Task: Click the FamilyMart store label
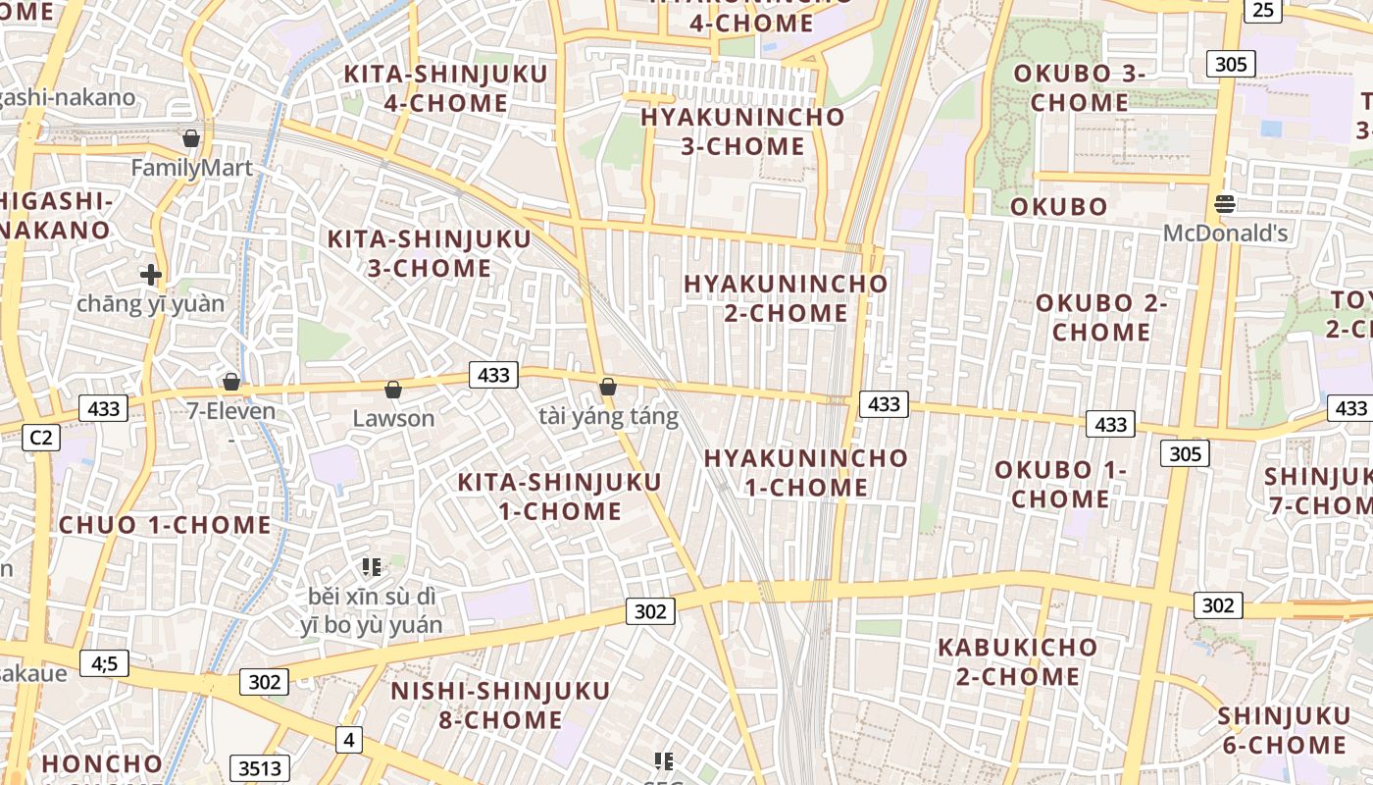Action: [x=192, y=168]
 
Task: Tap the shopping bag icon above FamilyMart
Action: [x=191, y=138]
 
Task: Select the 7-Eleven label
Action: [x=231, y=410]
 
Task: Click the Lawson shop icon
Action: [x=393, y=391]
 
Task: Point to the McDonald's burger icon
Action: [x=1224, y=204]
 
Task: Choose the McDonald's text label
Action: [x=1225, y=234]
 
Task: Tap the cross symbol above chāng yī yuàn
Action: [x=150, y=275]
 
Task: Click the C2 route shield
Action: [x=40, y=438]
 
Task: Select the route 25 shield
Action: [x=1264, y=10]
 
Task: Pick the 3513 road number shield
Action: [x=261, y=768]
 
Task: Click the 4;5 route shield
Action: [x=104, y=664]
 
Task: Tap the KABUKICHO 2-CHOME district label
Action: [x=1017, y=661]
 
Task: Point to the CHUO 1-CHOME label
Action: [x=165, y=524]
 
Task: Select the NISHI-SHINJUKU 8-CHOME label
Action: [x=500, y=705]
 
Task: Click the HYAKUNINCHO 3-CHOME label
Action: [x=742, y=131]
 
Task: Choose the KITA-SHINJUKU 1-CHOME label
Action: [x=560, y=497]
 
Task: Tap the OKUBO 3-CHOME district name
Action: [x=1079, y=87]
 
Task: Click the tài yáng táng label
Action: [x=608, y=417]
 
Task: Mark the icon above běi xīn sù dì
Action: [x=371, y=566]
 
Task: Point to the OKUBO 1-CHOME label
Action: [x=1060, y=484]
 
